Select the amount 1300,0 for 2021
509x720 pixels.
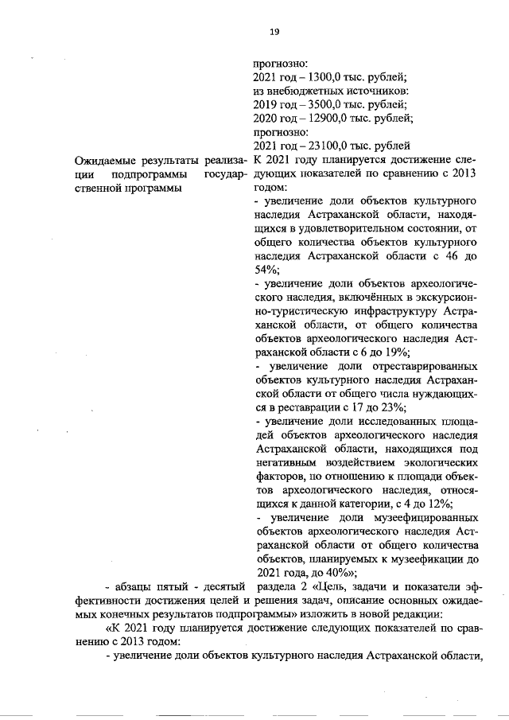[321, 76]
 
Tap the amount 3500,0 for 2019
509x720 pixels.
[321, 104]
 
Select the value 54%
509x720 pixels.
[265, 270]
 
